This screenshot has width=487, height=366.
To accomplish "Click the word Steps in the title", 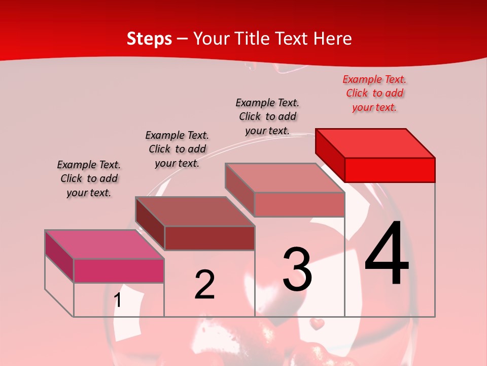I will coord(149,39).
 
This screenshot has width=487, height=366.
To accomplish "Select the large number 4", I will coord(387,254).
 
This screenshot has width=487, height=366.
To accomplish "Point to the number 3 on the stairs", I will coord(297,269).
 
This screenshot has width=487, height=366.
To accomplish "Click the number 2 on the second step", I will coord(204,285).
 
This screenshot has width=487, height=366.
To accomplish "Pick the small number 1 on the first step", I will coord(118,300).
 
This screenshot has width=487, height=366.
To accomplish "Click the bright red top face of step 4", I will coord(375,143).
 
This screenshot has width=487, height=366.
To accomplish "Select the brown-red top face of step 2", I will coord(195,211).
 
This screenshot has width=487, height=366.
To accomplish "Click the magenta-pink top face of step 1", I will coord(105,245).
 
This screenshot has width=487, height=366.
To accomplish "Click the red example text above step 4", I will coord(374,93).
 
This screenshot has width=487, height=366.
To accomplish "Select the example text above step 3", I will coord(267,116).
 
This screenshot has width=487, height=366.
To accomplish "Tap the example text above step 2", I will coord(177,149).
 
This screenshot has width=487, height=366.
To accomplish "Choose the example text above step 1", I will coord(89,178).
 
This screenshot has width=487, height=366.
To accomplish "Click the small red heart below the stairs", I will coord(317,323).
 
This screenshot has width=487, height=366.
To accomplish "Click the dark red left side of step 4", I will coord(330,155).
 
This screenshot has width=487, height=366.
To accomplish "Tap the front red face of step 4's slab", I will coord(390,170).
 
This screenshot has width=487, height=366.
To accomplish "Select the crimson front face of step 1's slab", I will coord(119,270).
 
